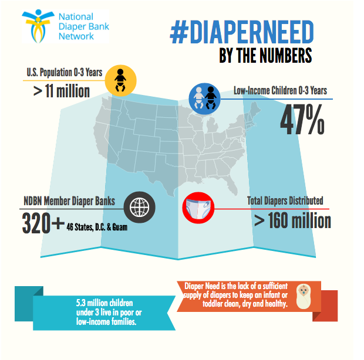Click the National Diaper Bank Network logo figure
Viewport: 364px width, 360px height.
(x=42, y=27)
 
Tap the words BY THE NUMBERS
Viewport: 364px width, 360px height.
(x=265, y=56)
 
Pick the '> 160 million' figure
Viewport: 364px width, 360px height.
(x=292, y=221)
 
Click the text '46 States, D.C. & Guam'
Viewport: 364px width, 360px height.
(x=96, y=226)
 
